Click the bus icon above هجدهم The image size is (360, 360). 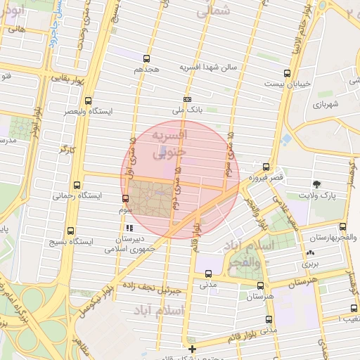click(x=146, y=58)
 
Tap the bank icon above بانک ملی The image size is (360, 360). click(x=186, y=99)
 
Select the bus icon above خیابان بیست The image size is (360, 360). click(x=286, y=72)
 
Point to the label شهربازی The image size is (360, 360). click(x=327, y=104)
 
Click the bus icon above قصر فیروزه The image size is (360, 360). click(x=265, y=167)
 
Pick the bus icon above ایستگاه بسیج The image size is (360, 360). click(x=70, y=231)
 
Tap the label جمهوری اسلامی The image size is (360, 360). click(x=126, y=248)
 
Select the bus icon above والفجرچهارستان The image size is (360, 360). click(x=342, y=226)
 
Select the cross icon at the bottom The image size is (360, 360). click(x=192, y=347)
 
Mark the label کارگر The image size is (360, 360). click(x=67, y=149)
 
